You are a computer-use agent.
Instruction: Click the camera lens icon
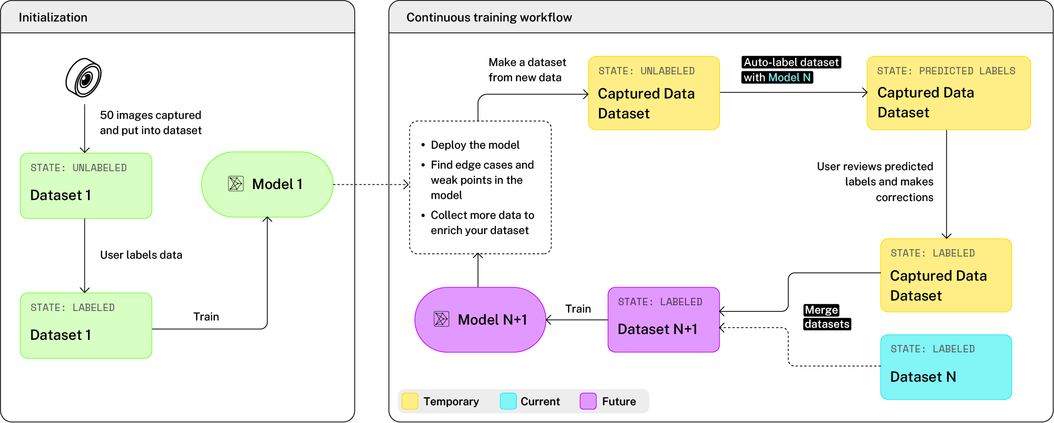pyautogui.click(x=84, y=78)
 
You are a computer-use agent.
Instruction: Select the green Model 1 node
pyautogui.click(x=267, y=184)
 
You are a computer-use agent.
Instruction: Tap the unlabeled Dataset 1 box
pyautogui.click(x=86, y=186)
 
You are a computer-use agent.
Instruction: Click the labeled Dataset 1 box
pyautogui.click(x=86, y=326)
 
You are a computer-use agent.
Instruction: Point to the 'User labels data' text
pyautogui.click(x=141, y=255)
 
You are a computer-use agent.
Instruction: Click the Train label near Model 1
pyautogui.click(x=206, y=317)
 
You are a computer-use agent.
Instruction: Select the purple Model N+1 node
pyautogui.click(x=480, y=320)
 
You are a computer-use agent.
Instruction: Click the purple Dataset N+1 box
pyautogui.click(x=664, y=320)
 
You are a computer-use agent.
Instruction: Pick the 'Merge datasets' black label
pyautogui.click(x=827, y=317)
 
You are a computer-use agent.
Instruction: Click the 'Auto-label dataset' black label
pyautogui.click(x=791, y=62)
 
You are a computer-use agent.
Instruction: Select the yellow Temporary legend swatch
pyautogui.click(x=410, y=402)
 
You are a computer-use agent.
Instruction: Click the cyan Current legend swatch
pyautogui.click(x=508, y=402)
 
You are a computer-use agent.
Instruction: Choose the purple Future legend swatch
pyautogui.click(x=588, y=402)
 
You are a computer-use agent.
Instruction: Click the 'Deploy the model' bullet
pyautogui.click(x=475, y=145)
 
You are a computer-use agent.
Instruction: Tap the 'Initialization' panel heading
pyautogui.click(x=53, y=17)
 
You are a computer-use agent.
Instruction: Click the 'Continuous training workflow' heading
pyautogui.click(x=489, y=17)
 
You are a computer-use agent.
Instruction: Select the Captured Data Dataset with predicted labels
pyautogui.click(x=949, y=93)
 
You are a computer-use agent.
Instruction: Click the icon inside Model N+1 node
pyautogui.click(x=441, y=319)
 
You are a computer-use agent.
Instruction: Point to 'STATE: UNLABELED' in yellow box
pyautogui.click(x=646, y=71)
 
